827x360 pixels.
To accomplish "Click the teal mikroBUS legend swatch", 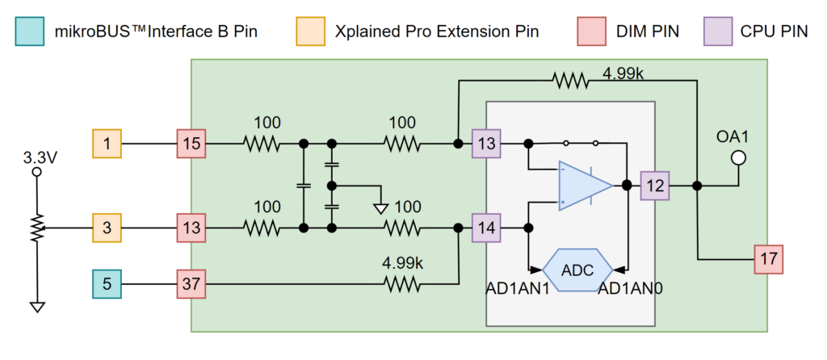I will [x=31, y=31].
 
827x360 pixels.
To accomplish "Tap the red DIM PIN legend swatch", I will [x=590, y=31].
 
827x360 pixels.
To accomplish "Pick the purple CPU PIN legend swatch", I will [x=713, y=31].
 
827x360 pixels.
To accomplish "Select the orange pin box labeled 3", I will [x=107, y=228].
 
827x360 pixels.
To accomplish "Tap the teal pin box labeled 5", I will [x=107, y=283].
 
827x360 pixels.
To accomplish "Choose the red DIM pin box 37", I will [x=191, y=283].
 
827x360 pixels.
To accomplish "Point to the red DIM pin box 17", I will [x=767, y=259].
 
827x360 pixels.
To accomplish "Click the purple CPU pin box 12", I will [x=655, y=186].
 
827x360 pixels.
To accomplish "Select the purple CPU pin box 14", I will [x=487, y=228].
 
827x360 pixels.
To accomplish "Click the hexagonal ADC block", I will [x=577, y=270].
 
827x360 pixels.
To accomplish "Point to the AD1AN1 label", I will [x=518, y=288].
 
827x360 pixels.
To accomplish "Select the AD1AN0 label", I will [x=630, y=288].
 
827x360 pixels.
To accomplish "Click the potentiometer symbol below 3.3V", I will [x=36, y=228].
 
